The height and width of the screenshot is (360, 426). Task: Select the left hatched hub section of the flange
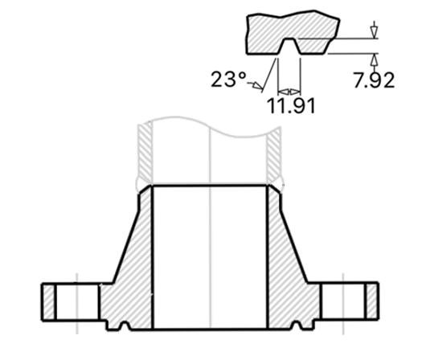(x=129, y=265)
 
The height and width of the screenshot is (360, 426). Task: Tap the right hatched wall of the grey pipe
(x=275, y=153)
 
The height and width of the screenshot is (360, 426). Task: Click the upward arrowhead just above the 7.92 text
(x=373, y=58)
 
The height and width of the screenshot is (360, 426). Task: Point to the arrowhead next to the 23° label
(x=260, y=84)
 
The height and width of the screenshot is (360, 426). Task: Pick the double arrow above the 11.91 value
(x=289, y=90)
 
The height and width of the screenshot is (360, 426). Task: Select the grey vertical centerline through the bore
(x=210, y=241)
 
